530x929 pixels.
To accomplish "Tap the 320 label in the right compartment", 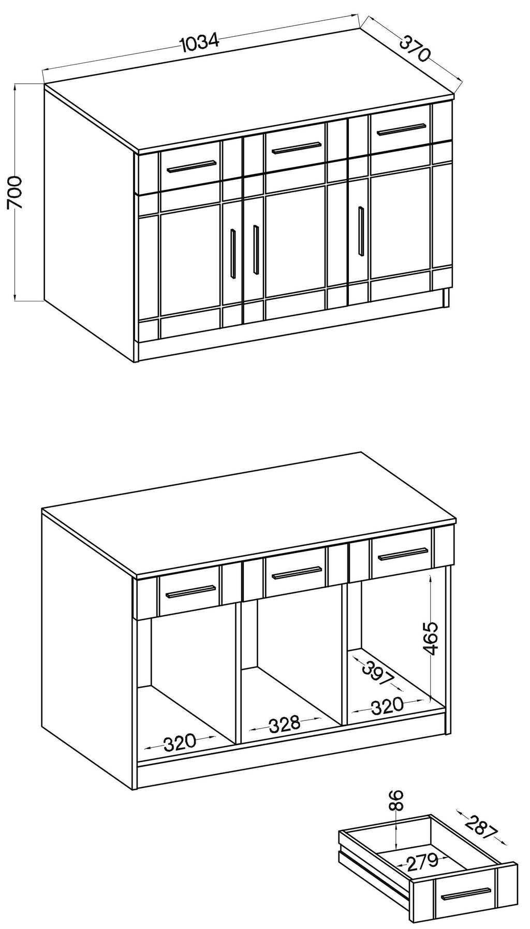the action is pos(387,704).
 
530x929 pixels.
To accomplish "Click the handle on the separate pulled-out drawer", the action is pos(465,893).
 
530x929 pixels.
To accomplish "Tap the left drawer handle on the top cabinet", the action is pos(190,166).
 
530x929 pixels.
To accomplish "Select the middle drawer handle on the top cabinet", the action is pos(297,148).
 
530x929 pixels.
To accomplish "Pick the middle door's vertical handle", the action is pos(256,249).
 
